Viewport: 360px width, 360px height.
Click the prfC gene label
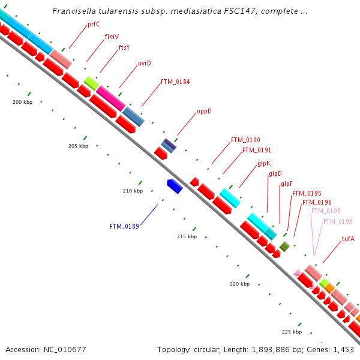coord(94,25)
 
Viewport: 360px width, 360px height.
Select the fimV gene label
coord(112,37)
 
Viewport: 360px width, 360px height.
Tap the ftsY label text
coord(124,47)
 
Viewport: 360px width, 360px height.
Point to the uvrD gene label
coord(145,63)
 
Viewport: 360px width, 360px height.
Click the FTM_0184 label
coord(175,82)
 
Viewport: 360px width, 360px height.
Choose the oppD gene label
coord(204,112)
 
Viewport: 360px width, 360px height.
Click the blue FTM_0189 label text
coord(124,226)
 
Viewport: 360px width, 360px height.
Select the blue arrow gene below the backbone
coord(175,186)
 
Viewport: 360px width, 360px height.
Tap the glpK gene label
coord(264,163)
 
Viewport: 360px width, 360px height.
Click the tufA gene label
coord(348,239)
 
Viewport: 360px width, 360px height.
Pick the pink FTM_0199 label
coord(338,221)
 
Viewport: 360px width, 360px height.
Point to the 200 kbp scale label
coord(22,102)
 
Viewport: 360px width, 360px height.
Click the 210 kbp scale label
coord(133,191)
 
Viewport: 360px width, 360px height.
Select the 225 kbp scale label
coord(292,332)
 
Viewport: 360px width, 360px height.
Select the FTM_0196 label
coord(317,202)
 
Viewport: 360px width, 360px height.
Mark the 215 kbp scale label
coord(187,237)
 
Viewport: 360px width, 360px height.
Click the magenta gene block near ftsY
coord(111,98)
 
